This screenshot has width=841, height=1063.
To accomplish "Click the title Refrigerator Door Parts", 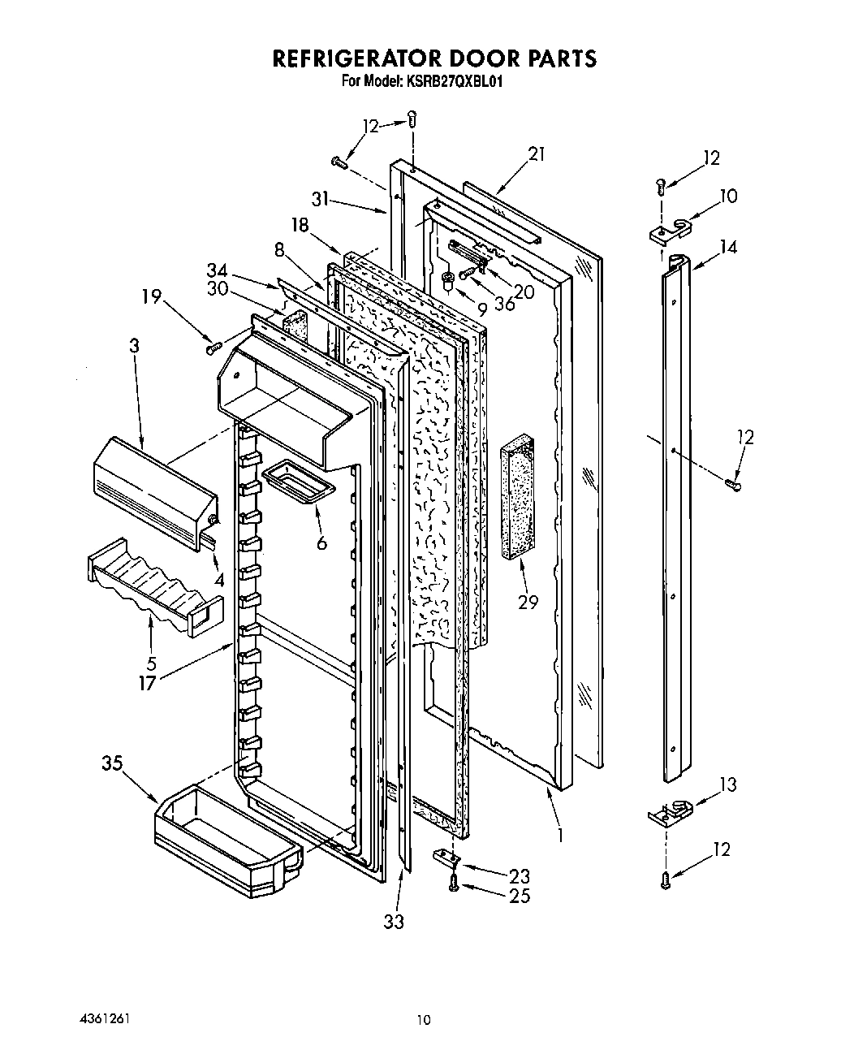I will click(x=434, y=58).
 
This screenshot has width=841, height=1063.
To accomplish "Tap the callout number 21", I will click(x=537, y=153).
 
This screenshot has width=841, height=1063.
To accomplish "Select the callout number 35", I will click(x=113, y=763).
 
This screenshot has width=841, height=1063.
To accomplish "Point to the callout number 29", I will click(x=528, y=603).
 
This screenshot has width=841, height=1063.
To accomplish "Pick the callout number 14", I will click(x=728, y=248).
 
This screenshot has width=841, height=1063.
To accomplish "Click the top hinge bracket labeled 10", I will click(x=671, y=230).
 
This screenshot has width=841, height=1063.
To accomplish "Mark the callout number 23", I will click(x=520, y=875).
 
